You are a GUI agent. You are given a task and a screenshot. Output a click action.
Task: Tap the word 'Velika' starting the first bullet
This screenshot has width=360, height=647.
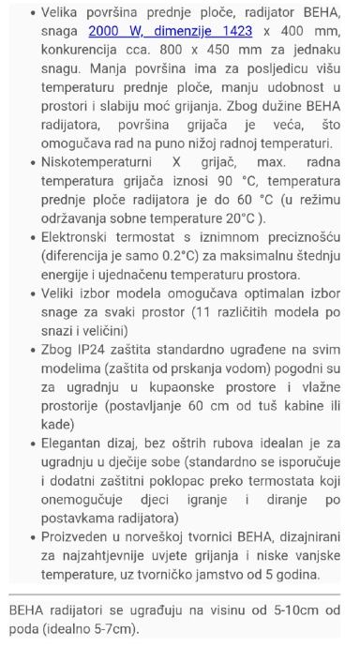74,13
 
